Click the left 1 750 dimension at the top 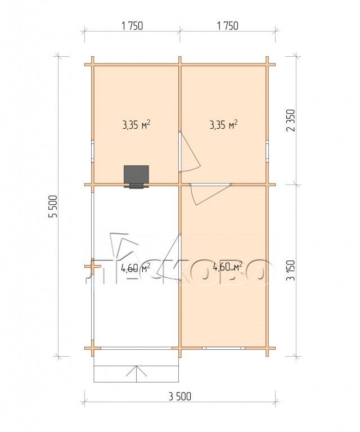[132, 26]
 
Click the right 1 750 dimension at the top [227, 26]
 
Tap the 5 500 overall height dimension [53, 206]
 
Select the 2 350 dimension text [291, 120]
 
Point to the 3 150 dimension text [291, 270]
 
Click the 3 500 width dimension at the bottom [179, 397]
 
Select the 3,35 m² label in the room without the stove [224, 124]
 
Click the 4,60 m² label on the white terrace [136, 267]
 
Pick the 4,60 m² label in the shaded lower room [227, 266]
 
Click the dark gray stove [136, 177]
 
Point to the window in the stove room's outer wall [93, 151]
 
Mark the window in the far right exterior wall [267, 151]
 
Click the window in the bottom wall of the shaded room [224, 348]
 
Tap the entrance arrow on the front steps [136, 374]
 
